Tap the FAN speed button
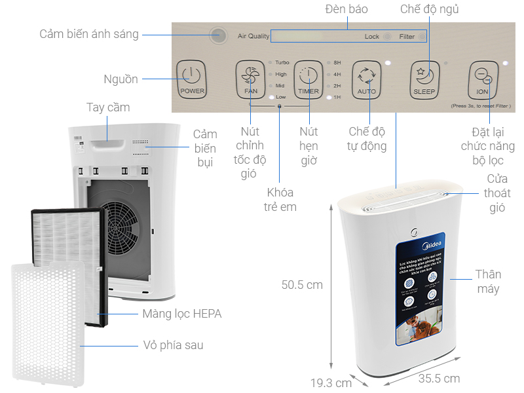coord(250,79)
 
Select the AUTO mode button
coord(366,79)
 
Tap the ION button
coord(482,79)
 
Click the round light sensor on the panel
coord(219,35)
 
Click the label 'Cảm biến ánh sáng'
coord(89,34)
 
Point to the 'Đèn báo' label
coord(346,9)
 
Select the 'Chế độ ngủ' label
coord(430,9)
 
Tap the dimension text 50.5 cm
coord(302,285)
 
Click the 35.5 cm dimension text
coord(439,378)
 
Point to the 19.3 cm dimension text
coord(331,382)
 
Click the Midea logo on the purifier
coord(432,246)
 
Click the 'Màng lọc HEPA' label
coord(182,314)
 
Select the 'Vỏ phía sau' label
coord(173,345)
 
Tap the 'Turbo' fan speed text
coord(282,62)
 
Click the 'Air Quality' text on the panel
coord(253,37)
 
